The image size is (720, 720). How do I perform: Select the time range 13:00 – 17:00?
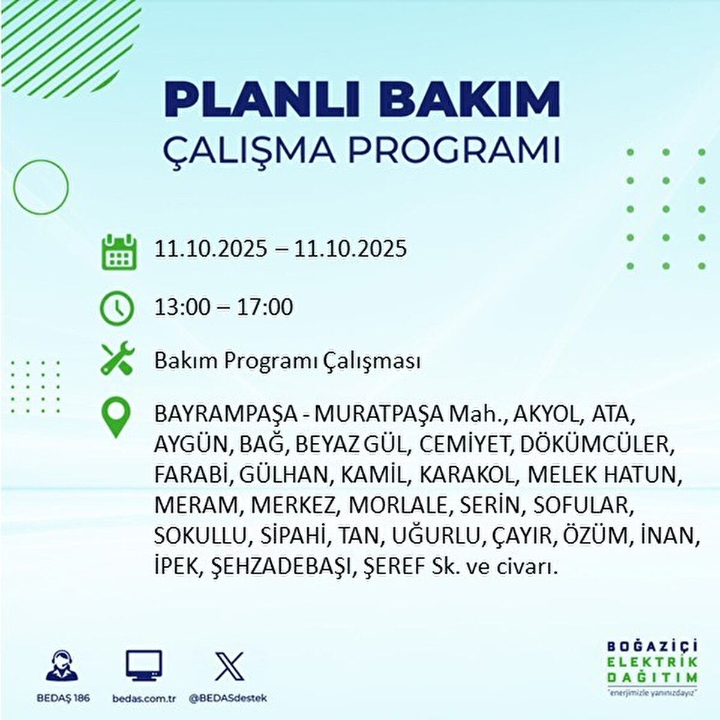(224, 307)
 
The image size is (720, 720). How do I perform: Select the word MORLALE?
(398, 505)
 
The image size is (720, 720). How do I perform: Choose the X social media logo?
(229, 665)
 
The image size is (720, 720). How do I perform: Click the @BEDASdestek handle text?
(228, 698)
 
